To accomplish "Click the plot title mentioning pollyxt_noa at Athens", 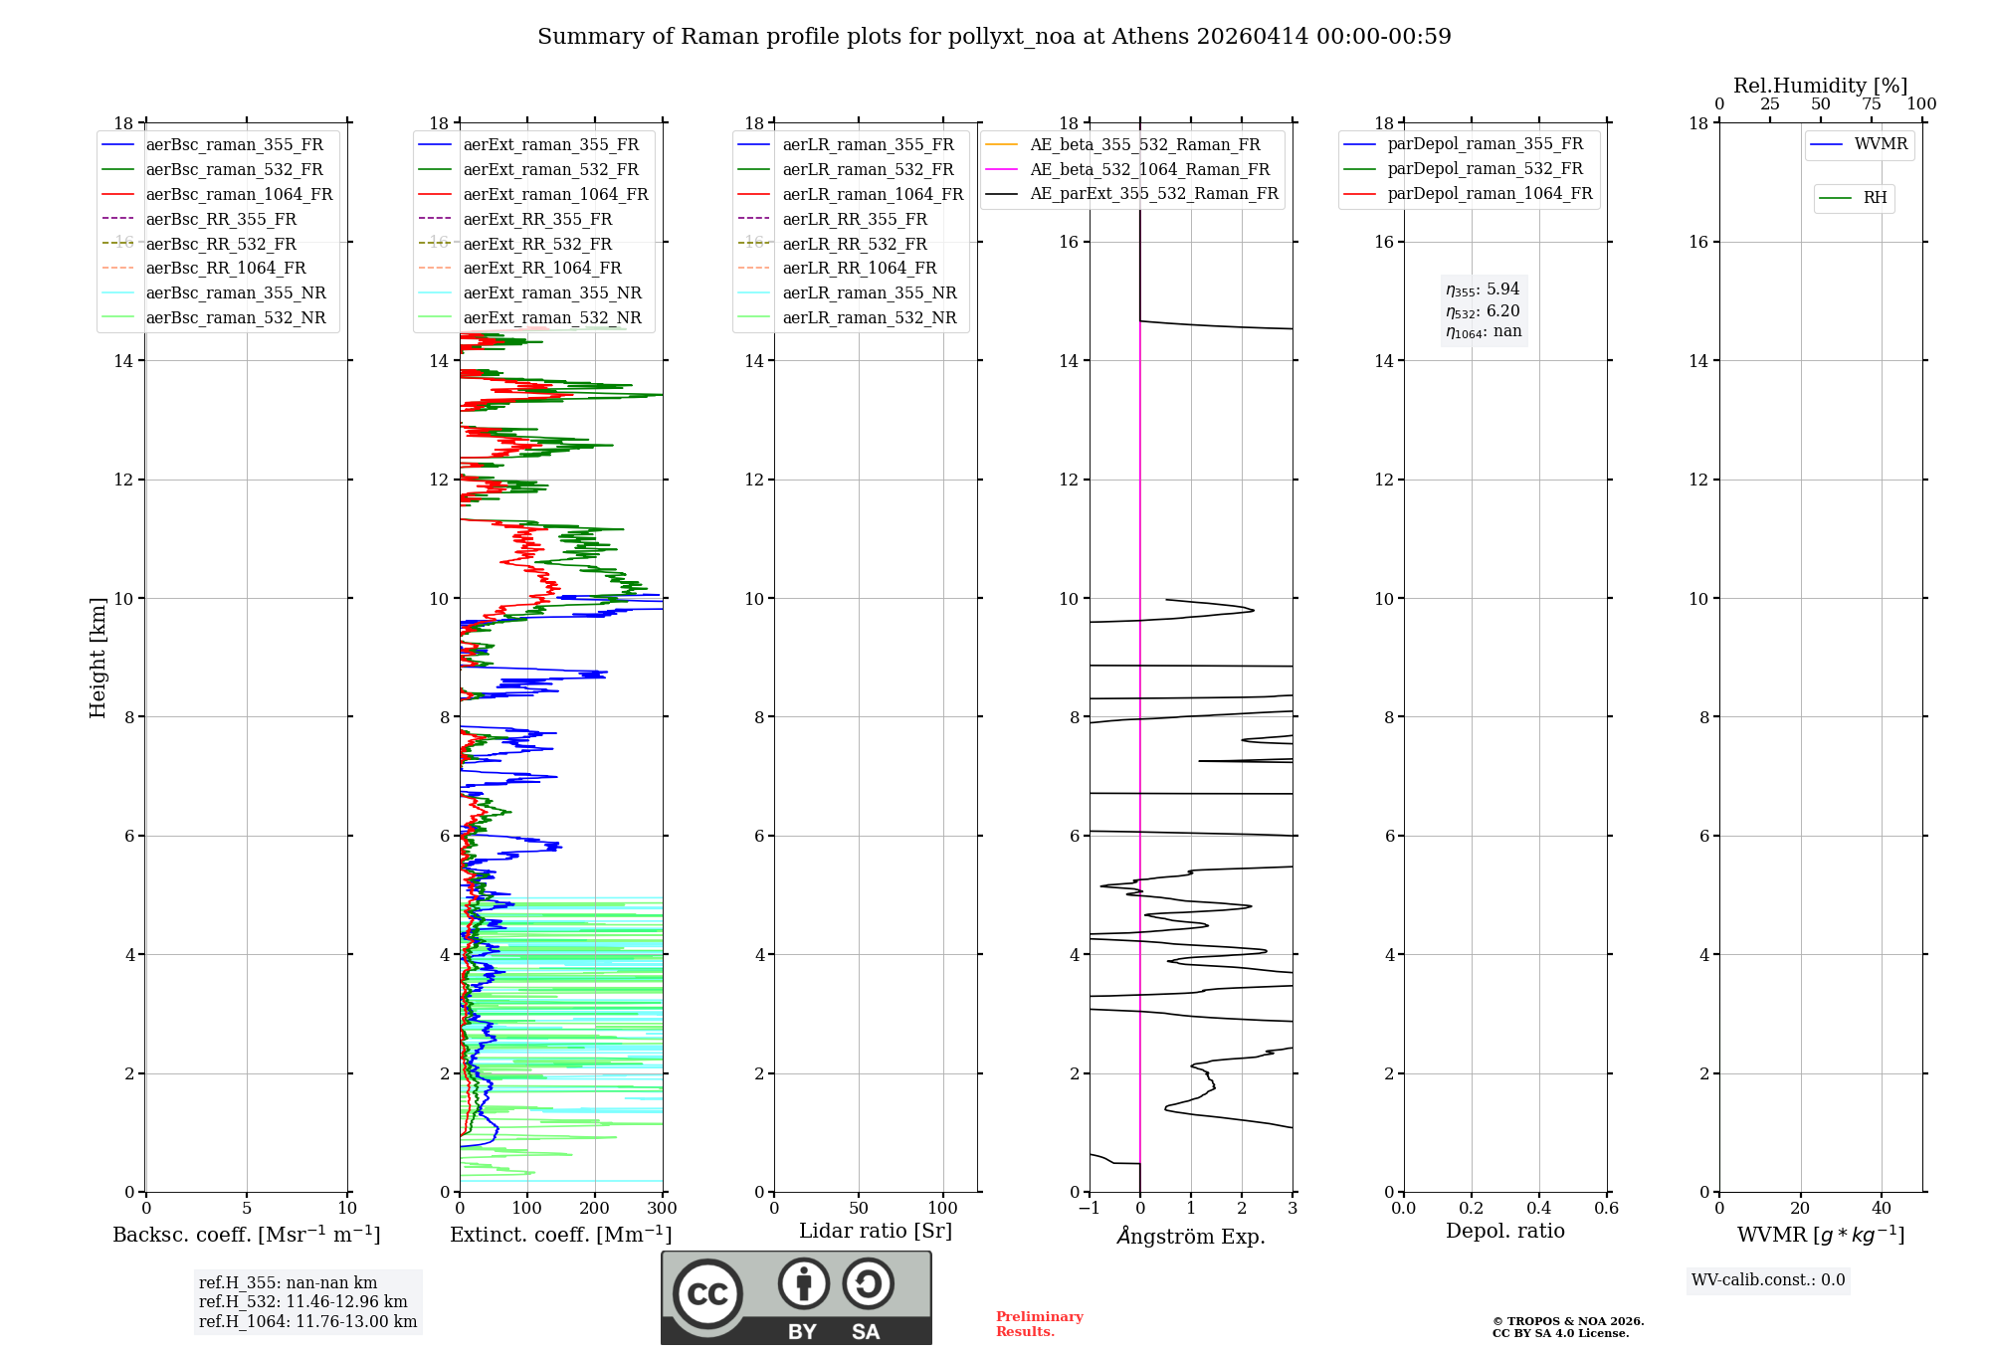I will (x=994, y=37).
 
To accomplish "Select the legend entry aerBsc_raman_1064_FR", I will (x=239, y=194).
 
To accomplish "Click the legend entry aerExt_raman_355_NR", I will (x=552, y=292).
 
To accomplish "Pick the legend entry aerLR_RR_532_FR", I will (x=854, y=244).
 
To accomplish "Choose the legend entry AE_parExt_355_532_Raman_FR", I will (x=1153, y=193).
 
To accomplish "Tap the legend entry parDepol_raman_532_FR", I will (x=1485, y=168).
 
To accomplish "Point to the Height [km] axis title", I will (x=98, y=657).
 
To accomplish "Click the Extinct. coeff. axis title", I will (x=560, y=1235).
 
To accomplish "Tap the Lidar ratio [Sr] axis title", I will (x=875, y=1231).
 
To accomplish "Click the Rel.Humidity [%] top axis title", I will (x=1820, y=86).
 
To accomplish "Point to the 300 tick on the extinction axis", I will (x=662, y=1209).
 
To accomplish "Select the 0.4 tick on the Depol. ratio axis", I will (x=1538, y=1209).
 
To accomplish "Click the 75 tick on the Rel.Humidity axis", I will (x=1871, y=104).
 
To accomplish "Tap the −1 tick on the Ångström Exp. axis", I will (x=1089, y=1209).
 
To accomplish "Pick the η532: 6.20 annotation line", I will (x=1483, y=311).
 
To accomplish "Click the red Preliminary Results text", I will (x=1039, y=1324).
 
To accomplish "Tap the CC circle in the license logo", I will (x=707, y=1294).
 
